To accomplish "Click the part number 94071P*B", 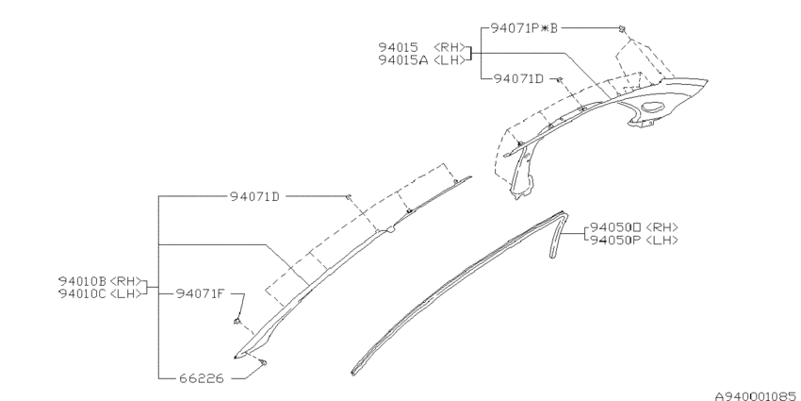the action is [x=524, y=28].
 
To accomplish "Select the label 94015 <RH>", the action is [x=422, y=47].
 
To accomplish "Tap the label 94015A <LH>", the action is [x=422, y=60].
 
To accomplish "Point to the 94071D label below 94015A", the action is [x=518, y=79].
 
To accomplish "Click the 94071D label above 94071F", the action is [x=255, y=196].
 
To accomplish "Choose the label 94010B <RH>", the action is [x=100, y=281].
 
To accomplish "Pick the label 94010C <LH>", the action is [x=100, y=294].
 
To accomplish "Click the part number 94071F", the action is [x=200, y=293].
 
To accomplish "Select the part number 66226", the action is [x=202, y=378].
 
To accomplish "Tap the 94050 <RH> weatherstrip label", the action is [x=634, y=227].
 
